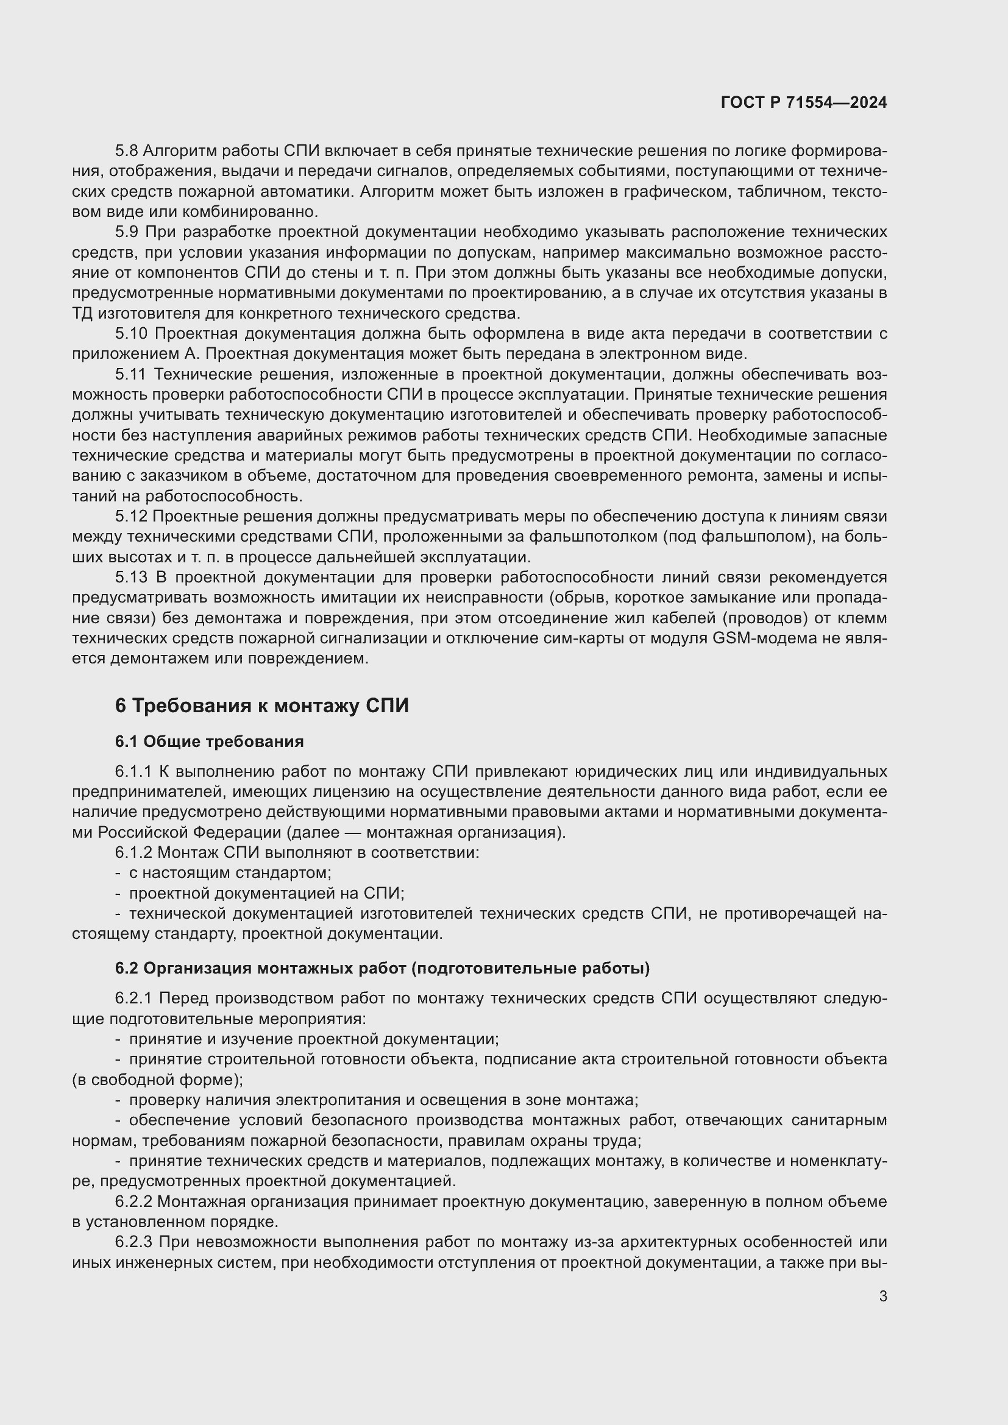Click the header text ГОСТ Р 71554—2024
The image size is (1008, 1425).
803,102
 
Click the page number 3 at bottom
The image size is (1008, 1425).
882,1296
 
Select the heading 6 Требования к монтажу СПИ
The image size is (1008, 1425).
261,705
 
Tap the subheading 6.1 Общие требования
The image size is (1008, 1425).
209,741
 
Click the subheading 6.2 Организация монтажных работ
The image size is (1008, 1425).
382,968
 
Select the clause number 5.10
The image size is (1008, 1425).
130,334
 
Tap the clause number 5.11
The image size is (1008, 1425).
130,374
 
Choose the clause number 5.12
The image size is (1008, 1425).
130,517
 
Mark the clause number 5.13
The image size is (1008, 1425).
131,577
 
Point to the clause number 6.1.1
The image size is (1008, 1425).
133,771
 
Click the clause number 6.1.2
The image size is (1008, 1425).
133,852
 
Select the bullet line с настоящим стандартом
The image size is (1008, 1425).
230,872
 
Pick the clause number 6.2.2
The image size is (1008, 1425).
133,1201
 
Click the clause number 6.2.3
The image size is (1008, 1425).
133,1242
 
